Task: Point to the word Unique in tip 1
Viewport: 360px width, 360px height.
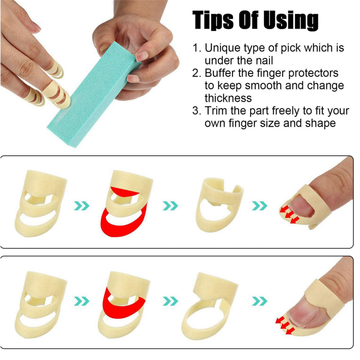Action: click(223, 48)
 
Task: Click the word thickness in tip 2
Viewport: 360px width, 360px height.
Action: click(228, 98)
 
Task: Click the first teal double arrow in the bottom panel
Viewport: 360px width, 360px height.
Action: click(81, 301)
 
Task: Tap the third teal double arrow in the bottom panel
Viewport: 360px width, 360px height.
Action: click(260, 301)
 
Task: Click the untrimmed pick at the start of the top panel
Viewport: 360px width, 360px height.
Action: click(40, 203)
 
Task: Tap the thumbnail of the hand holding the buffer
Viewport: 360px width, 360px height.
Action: click(141, 55)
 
